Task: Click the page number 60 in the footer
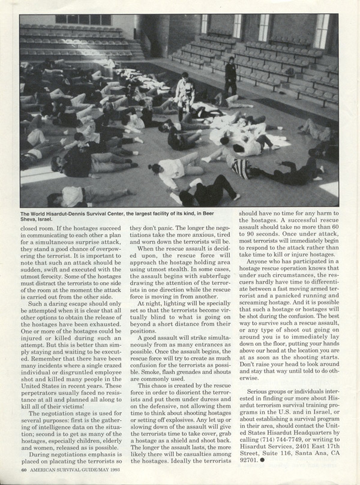click(23, 469)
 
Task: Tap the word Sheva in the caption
click(29, 219)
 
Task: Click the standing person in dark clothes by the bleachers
click(230, 76)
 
